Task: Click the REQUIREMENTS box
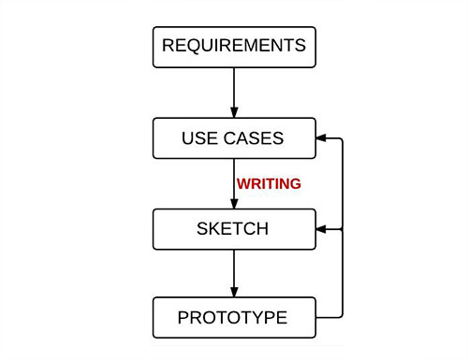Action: click(234, 46)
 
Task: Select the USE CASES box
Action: click(234, 139)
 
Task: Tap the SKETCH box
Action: click(234, 228)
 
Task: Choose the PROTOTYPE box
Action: click(234, 317)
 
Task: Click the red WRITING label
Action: click(269, 184)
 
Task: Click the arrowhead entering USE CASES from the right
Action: click(322, 139)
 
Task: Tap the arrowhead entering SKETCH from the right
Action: click(322, 228)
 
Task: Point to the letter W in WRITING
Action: click(242, 184)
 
